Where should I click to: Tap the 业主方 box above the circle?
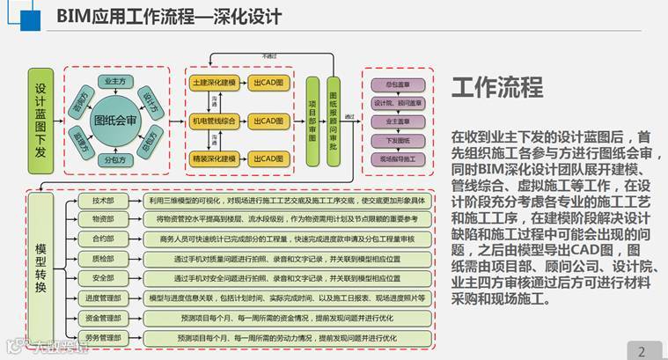[x=115, y=81]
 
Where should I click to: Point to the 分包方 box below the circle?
[x=114, y=160]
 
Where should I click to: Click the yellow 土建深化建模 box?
[x=214, y=82]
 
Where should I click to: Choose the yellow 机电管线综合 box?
[x=214, y=121]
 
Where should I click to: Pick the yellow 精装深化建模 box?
[x=214, y=159]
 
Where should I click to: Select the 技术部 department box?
[x=103, y=201]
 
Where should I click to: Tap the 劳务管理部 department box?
[x=103, y=337]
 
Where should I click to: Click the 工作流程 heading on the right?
[x=497, y=87]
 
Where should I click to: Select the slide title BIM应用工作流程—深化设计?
[x=169, y=16]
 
